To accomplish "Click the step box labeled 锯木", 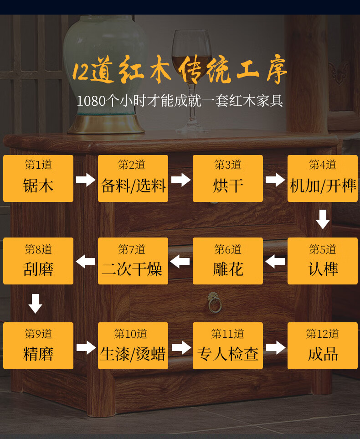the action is [38, 178].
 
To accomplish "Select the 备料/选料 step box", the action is [133, 178].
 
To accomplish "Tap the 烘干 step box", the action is [228, 178].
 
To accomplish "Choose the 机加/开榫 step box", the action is [323, 178].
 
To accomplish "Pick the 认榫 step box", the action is [323, 261].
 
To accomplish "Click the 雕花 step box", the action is [228, 261].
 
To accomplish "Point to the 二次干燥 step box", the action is [133, 261].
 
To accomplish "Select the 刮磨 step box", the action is [38, 261].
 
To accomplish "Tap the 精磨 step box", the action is [38, 346].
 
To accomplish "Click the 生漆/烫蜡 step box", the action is [133, 346].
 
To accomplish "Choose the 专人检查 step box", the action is [228, 346].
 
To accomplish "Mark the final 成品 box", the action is [323, 346].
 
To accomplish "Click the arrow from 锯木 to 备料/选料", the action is [86, 179].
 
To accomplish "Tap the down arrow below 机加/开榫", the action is [323, 219].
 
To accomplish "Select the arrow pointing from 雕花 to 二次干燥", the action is [180, 262].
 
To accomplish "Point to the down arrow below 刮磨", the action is [35, 304].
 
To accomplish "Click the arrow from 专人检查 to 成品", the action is [275, 347].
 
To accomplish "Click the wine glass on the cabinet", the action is [191, 77].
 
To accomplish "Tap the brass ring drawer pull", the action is [215, 303].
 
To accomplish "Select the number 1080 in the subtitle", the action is [91, 101].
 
